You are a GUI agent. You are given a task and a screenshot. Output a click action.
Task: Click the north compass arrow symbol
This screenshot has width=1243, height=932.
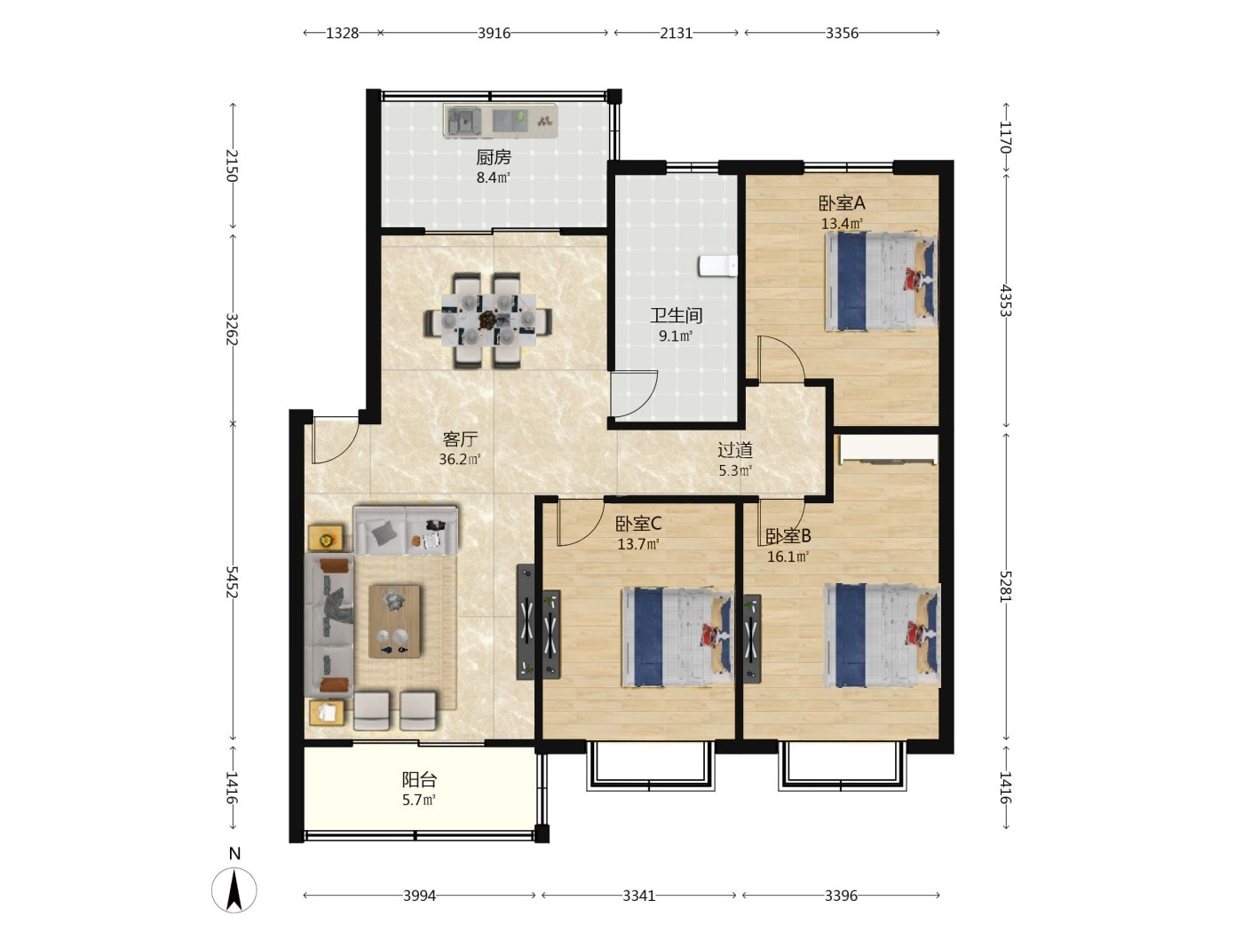[234, 889]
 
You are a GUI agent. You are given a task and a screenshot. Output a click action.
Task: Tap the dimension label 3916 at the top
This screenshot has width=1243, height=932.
[494, 34]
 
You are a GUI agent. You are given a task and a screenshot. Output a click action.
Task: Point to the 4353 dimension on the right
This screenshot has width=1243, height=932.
[1005, 300]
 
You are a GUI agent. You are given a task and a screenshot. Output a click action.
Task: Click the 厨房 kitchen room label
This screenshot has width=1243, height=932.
[494, 157]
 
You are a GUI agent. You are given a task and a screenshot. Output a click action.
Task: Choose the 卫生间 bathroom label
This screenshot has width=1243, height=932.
[677, 315]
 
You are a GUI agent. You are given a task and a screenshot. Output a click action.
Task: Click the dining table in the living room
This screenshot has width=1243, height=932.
[488, 320]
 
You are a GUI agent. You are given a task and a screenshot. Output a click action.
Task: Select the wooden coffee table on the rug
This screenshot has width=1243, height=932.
[395, 621]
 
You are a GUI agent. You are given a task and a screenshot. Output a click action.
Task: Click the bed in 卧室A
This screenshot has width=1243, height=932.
[881, 281]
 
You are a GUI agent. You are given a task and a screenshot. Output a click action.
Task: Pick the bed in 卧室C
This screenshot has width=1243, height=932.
[677, 636]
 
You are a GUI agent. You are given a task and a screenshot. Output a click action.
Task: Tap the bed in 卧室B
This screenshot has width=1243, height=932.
[882, 636]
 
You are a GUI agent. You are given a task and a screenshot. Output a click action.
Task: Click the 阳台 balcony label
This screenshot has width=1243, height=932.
[419, 780]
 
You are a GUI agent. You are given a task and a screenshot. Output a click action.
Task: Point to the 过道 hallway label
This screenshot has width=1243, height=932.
[735, 450]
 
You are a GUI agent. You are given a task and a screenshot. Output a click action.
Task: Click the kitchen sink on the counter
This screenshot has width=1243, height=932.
[463, 121]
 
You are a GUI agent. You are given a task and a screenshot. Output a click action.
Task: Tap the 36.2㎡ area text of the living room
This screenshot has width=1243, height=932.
[459, 459]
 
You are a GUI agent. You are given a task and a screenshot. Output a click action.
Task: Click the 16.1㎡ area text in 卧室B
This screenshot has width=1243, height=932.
[788, 557]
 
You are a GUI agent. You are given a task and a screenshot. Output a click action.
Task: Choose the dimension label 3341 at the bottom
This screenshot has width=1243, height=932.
[638, 896]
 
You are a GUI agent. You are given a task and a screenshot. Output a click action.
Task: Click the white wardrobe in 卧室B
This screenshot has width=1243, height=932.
[887, 451]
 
